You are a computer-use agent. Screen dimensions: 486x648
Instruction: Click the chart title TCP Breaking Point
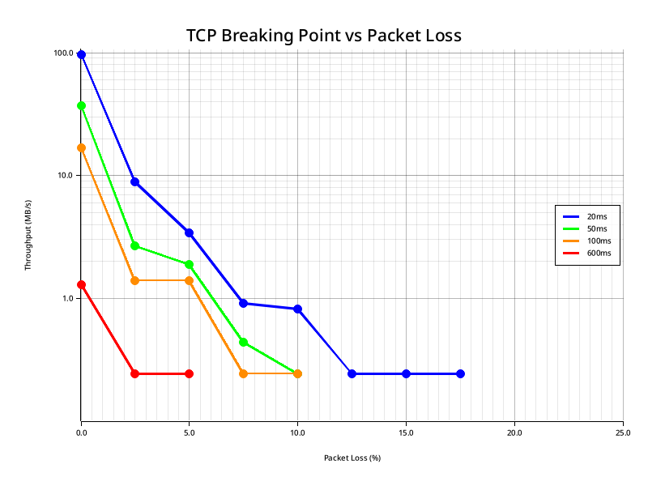(x=323, y=36)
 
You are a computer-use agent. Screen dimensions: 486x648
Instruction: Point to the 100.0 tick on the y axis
(x=64, y=53)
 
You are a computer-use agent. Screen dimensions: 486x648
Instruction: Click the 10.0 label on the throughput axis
(x=66, y=176)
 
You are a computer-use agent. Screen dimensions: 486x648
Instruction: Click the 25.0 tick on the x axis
(x=622, y=433)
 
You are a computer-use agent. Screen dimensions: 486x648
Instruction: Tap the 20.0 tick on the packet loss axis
(x=514, y=433)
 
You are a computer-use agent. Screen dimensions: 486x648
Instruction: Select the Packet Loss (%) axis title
(x=352, y=458)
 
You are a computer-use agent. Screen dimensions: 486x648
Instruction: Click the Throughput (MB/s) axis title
(x=28, y=235)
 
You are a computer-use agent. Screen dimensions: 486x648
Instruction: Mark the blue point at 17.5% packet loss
(x=460, y=373)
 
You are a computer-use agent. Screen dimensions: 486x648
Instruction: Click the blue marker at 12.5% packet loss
(x=352, y=373)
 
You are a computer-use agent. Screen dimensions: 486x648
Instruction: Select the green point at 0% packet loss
(x=81, y=105)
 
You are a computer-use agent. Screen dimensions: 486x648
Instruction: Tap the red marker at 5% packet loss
(x=189, y=373)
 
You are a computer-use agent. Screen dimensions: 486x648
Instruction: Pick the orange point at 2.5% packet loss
(x=134, y=280)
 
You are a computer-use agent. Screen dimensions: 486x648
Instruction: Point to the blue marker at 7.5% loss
(x=243, y=303)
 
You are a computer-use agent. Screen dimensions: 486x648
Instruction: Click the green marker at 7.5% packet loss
(x=243, y=342)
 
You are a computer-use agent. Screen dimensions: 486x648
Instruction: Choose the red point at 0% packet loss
(x=81, y=284)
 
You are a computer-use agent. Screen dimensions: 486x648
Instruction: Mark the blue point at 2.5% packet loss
(x=134, y=181)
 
